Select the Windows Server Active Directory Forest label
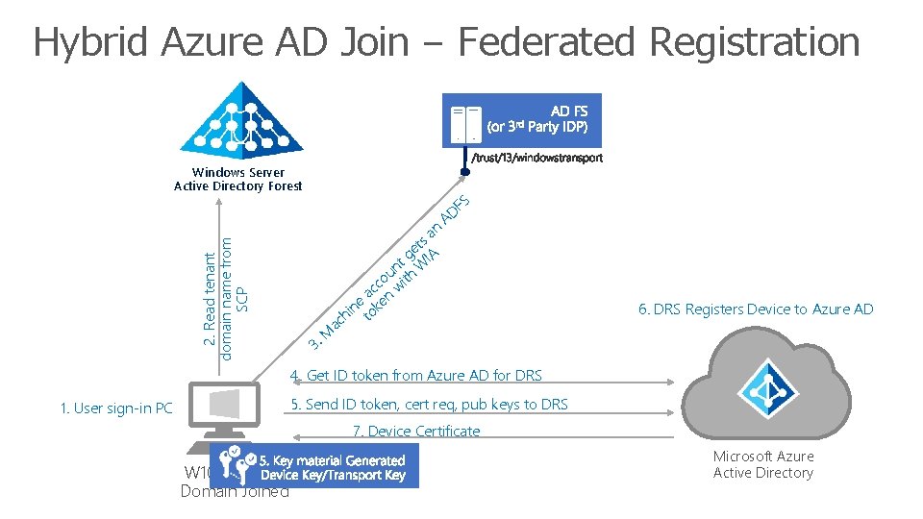237,180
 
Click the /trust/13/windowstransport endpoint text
536,159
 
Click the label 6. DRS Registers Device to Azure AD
756,309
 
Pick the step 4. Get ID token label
416,375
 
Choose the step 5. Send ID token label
429,405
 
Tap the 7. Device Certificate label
416,432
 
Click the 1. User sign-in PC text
115,408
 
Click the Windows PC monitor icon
218,411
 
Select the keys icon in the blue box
234,466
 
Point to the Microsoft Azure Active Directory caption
763,464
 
